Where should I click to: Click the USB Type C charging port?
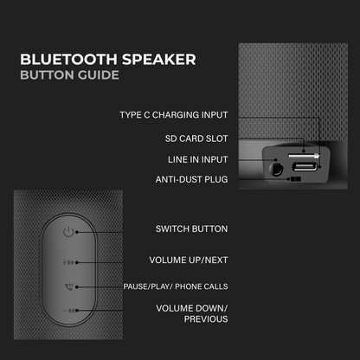pyautogui.click(x=304, y=167)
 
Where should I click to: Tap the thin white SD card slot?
pyautogui.click(x=302, y=154)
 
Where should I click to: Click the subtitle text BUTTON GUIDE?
pyautogui.click(x=69, y=75)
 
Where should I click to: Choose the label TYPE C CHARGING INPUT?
pyautogui.click(x=173, y=115)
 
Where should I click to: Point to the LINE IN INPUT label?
pyautogui.click(x=198, y=159)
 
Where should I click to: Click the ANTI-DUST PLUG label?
pyautogui.click(x=191, y=180)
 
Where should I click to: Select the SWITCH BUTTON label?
pyautogui.click(x=191, y=229)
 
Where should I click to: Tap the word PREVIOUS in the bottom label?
pyautogui.click(x=206, y=319)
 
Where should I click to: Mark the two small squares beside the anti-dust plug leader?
pyautogui.click(x=296, y=180)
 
